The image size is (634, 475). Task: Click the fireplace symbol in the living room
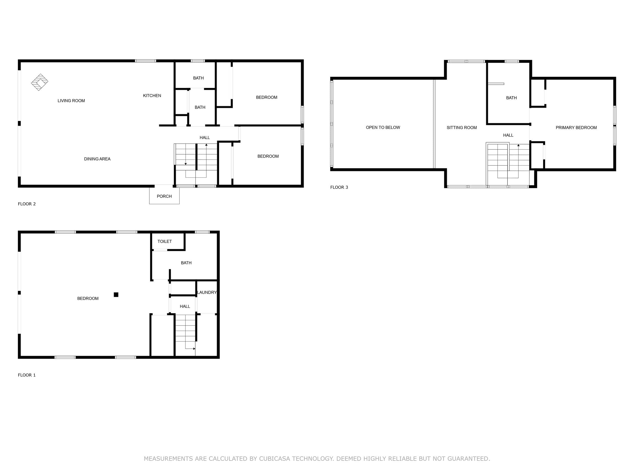coord(40,82)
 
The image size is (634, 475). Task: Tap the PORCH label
coord(164,196)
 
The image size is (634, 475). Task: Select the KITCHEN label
coord(152,96)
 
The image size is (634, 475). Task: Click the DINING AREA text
coord(97,159)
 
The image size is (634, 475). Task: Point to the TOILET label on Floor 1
coord(164,241)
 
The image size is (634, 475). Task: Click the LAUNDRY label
coord(207,292)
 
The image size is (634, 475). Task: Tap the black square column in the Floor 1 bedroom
coord(116,295)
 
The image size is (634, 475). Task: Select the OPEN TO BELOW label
coord(383,127)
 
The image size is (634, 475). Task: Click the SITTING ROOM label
coord(462,128)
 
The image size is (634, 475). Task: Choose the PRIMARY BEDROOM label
coord(576,128)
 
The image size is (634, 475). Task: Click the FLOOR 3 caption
coord(339,187)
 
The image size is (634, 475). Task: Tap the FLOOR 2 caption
coord(27,204)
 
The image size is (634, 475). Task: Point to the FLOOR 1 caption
coord(27,375)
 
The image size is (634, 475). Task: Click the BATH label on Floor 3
coord(511,98)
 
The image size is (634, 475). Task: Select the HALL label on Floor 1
coord(185,306)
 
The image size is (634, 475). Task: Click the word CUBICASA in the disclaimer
coord(275,459)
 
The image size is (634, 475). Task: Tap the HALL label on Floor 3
coord(508,135)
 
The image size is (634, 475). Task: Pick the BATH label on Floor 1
coord(186,263)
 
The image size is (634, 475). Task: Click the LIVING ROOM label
coord(71,101)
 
